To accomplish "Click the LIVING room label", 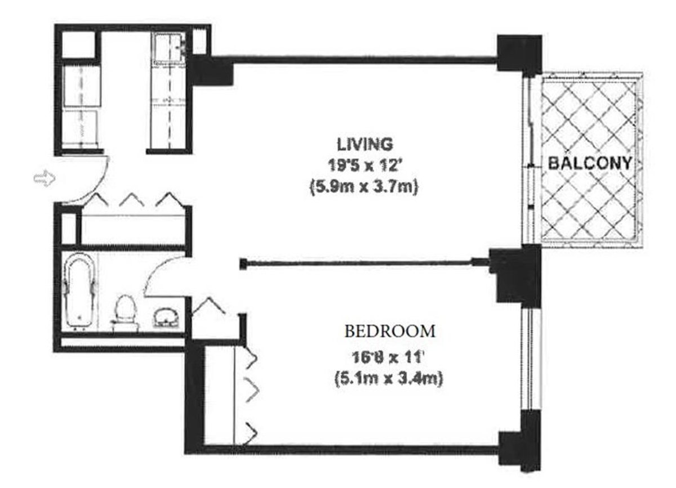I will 364,144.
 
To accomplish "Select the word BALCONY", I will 589,163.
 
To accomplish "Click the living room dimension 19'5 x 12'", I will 364,166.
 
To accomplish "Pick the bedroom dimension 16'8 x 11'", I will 386,357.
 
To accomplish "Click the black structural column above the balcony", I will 519,53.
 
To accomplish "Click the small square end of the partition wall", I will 243,263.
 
